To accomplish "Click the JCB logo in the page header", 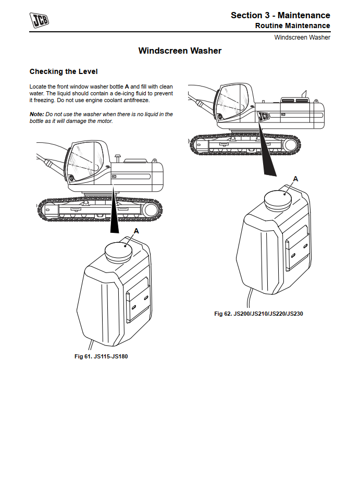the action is coord(39,20).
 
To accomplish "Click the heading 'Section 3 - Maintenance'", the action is coord(280,15).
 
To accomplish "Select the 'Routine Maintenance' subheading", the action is coord(293,26).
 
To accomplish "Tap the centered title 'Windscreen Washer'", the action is coord(180,51).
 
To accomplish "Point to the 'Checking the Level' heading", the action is coord(64,71).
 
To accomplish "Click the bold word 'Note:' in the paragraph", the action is coord(37,114).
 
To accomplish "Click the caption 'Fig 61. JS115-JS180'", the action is coord(101,356).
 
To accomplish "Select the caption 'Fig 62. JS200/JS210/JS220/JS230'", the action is coord(258,314).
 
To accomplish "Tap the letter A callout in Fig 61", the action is coord(136,231).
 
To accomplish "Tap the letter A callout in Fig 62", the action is coord(295,179).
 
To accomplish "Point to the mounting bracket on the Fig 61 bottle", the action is coord(138,299).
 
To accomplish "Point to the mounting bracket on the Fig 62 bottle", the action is coord(297,247).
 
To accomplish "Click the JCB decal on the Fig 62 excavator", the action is coord(264,116).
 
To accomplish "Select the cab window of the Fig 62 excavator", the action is coord(234,103).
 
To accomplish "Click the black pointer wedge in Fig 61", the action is coord(115,209).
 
